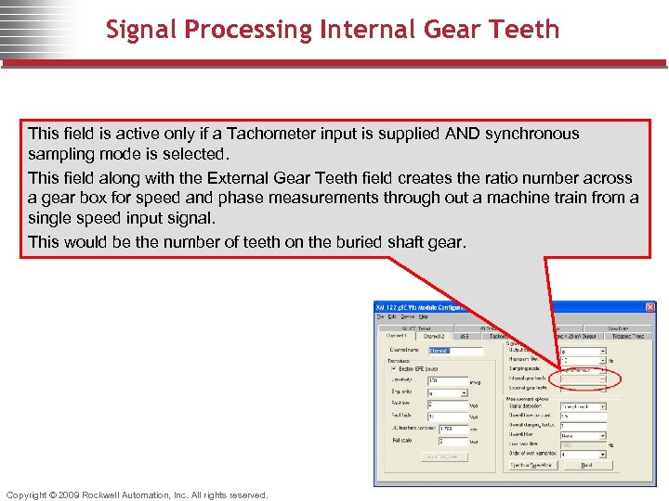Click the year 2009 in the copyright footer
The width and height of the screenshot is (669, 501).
69,495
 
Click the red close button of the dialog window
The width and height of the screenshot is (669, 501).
649,307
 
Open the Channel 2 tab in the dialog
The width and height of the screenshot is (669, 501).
433,336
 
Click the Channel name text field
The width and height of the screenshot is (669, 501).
455,351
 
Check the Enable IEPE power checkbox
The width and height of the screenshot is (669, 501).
393,368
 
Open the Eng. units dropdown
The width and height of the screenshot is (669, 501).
448,392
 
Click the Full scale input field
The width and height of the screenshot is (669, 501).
446,442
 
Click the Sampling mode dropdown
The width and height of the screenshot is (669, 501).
582,368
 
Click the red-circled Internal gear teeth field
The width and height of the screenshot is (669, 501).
582,379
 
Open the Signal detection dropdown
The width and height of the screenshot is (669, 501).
582,406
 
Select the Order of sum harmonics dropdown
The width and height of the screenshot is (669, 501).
582,454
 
